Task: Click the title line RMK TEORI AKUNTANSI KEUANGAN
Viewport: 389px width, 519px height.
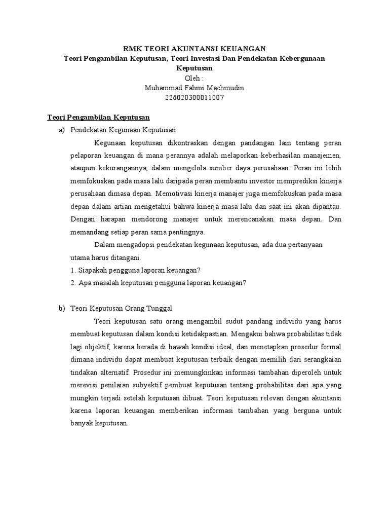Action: [x=194, y=49]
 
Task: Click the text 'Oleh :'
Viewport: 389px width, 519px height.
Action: [x=194, y=78]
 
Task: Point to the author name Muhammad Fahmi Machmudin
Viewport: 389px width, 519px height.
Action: [x=194, y=88]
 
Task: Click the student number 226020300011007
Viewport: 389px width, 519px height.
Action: [x=194, y=97]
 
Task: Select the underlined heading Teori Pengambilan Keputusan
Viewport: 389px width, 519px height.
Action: [x=95, y=117]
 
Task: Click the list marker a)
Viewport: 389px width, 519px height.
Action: [x=62, y=130]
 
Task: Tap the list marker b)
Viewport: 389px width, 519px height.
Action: [x=62, y=308]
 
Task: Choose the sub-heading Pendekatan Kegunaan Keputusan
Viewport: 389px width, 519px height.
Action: [x=123, y=130]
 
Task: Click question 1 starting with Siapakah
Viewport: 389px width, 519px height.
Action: [x=136, y=270]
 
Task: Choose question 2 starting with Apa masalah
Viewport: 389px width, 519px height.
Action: [x=158, y=283]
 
